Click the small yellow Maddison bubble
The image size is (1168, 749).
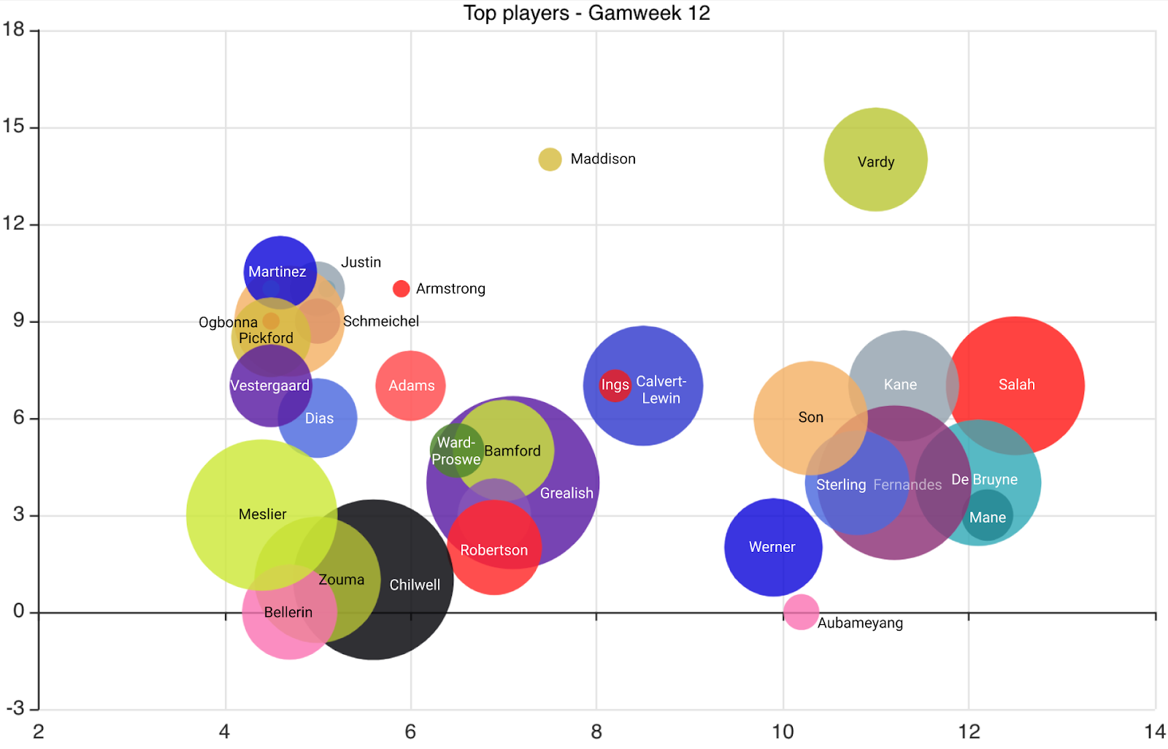pos(550,159)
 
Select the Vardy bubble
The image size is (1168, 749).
pos(875,160)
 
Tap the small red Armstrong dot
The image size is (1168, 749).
pos(401,289)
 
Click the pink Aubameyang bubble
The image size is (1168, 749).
pos(801,612)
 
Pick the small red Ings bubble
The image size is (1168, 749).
pos(615,385)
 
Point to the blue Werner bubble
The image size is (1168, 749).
pos(773,547)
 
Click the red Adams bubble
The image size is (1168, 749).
pos(411,385)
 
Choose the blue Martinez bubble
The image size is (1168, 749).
pos(280,272)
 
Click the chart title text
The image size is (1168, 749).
pos(586,13)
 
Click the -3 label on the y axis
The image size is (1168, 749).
pos(15,708)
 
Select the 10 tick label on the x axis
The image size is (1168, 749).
pos(783,731)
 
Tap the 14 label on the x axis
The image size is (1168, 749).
pos(1155,731)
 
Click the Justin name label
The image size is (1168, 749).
pos(361,262)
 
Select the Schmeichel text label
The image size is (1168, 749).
pos(381,321)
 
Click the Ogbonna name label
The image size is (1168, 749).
pos(228,323)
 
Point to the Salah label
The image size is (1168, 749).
pos(1016,385)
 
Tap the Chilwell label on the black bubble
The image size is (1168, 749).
pos(415,585)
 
